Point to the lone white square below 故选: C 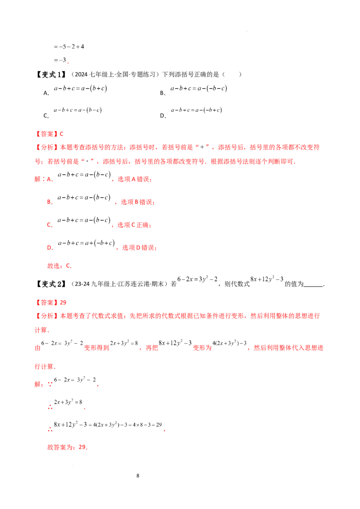[131, 290]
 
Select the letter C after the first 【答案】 [63, 134]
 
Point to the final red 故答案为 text [68, 447]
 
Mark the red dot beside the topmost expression [67, 63]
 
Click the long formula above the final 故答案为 [108, 425]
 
